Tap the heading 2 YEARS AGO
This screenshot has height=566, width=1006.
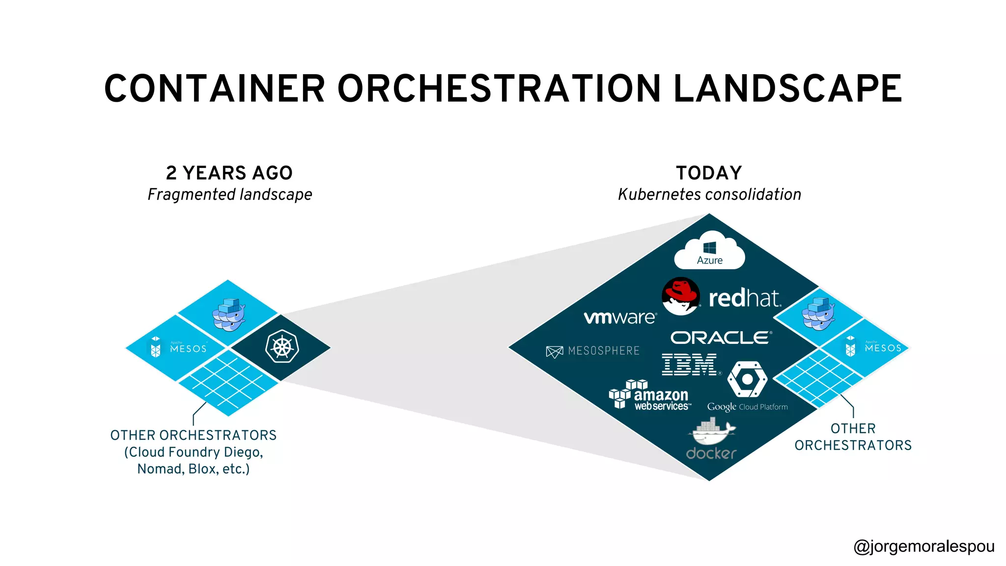(x=229, y=173)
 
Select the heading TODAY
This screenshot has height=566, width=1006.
(x=709, y=173)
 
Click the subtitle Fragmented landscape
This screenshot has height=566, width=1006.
(x=230, y=195)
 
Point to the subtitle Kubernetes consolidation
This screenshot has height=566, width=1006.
(x=709, y=195)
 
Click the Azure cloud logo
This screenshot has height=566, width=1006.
(x=709, y=251)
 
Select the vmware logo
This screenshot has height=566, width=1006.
(x=620, y=317)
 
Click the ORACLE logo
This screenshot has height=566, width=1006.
(x=721, y=338)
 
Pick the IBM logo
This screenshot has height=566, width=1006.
(x=689, y=365)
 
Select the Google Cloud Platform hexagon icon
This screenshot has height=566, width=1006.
(x=747, y=379)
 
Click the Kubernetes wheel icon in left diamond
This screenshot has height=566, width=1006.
(x=282, y=347)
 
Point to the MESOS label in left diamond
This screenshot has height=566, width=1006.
(x=188, y=348)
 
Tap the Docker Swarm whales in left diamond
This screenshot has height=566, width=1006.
(x=228, y=314)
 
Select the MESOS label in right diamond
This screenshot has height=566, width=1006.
(x=883, y=348)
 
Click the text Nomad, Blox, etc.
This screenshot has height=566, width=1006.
(x=194, y=469)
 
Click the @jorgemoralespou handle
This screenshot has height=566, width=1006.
(x=923, y=546)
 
